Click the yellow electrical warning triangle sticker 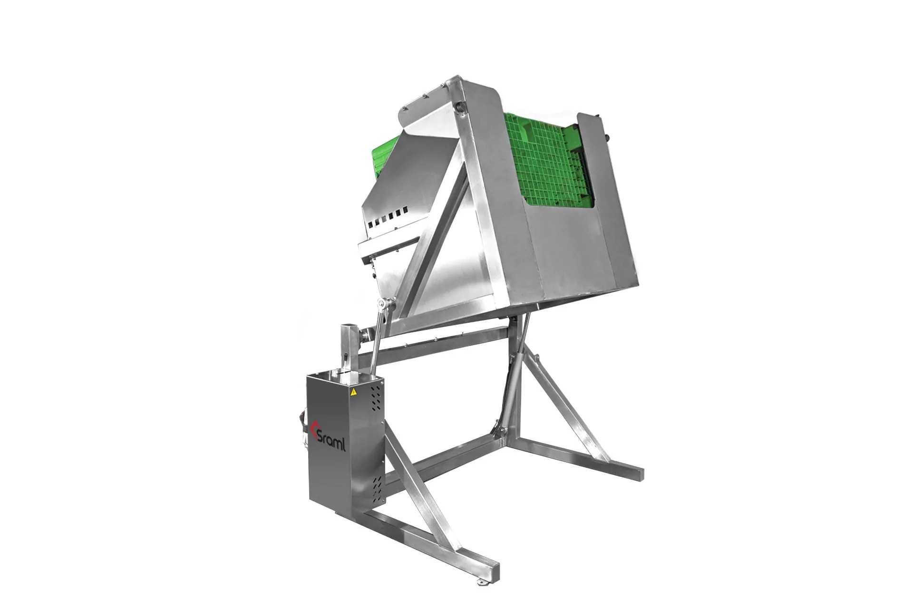354,406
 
